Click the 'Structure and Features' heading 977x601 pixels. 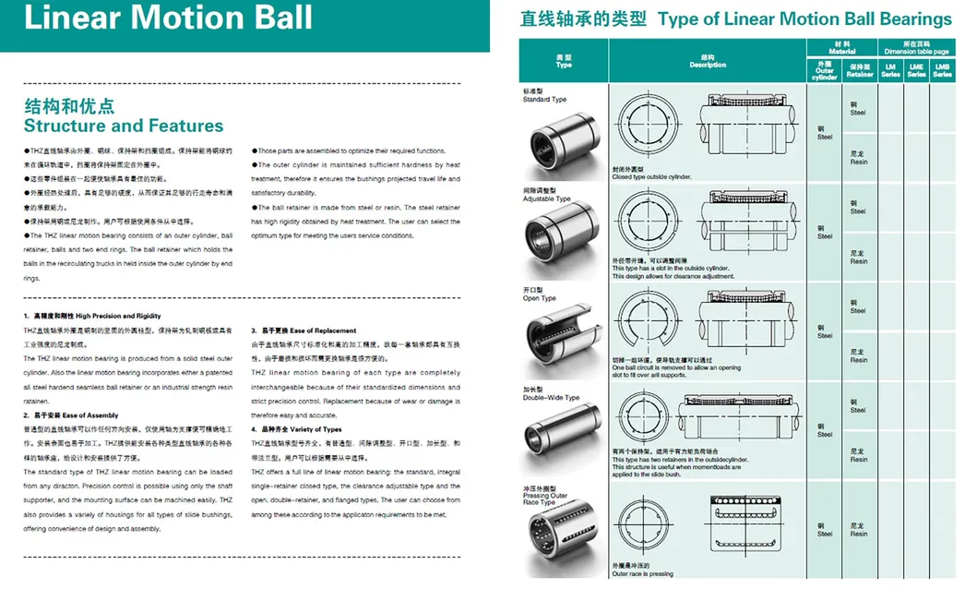[x=124, y=126]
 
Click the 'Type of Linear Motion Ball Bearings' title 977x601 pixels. [x=804, y=18]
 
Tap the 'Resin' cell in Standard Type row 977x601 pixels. [x=858, y=158]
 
